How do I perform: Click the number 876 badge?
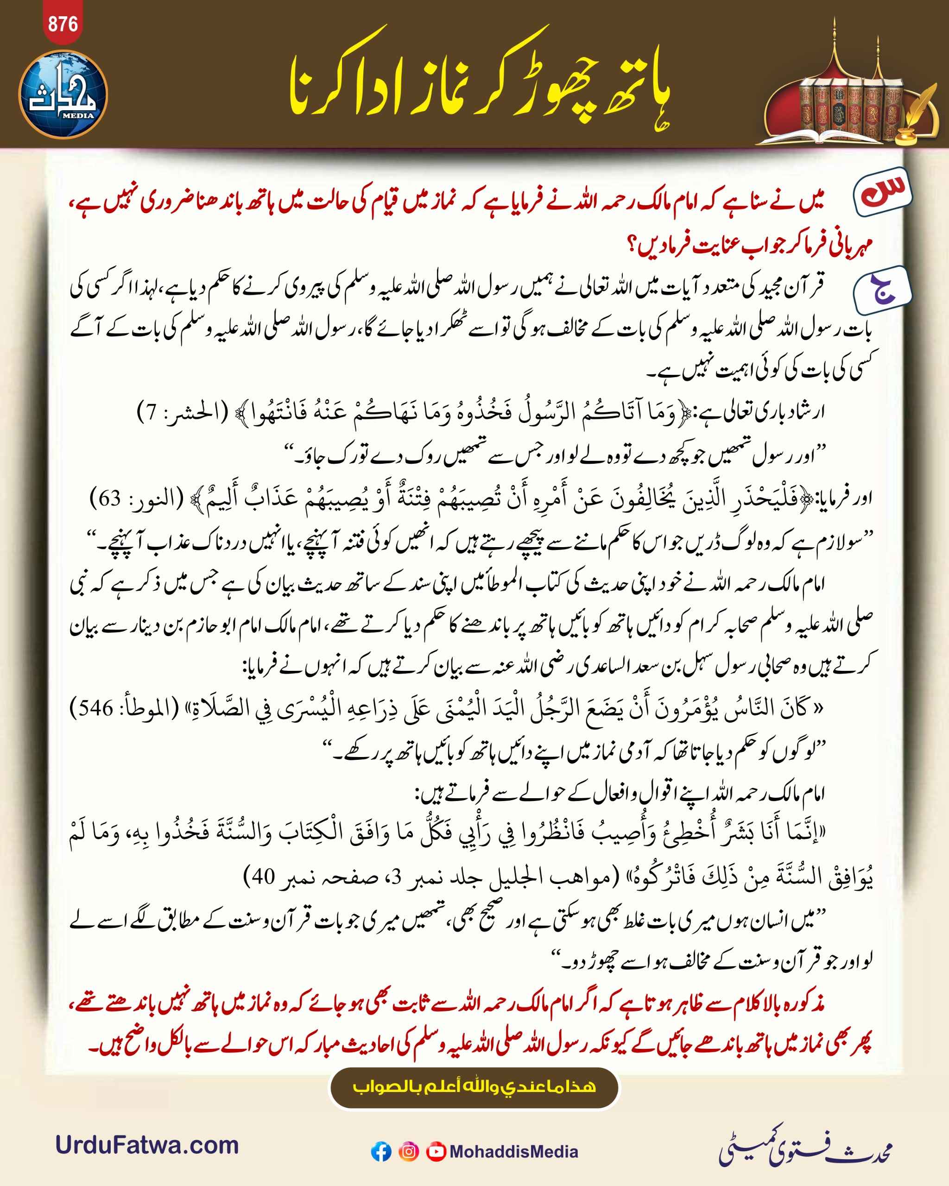(63, 24)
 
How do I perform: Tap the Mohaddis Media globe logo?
(63, 95)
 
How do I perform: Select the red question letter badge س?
(882, 193)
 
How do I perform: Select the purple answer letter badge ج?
(882, 290)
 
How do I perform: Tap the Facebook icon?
(381, 1151)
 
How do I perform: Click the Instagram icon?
(408, 1151)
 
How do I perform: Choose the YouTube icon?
(436, 1151)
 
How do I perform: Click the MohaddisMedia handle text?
(513, 1151)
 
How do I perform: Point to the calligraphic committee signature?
(805, 1147)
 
